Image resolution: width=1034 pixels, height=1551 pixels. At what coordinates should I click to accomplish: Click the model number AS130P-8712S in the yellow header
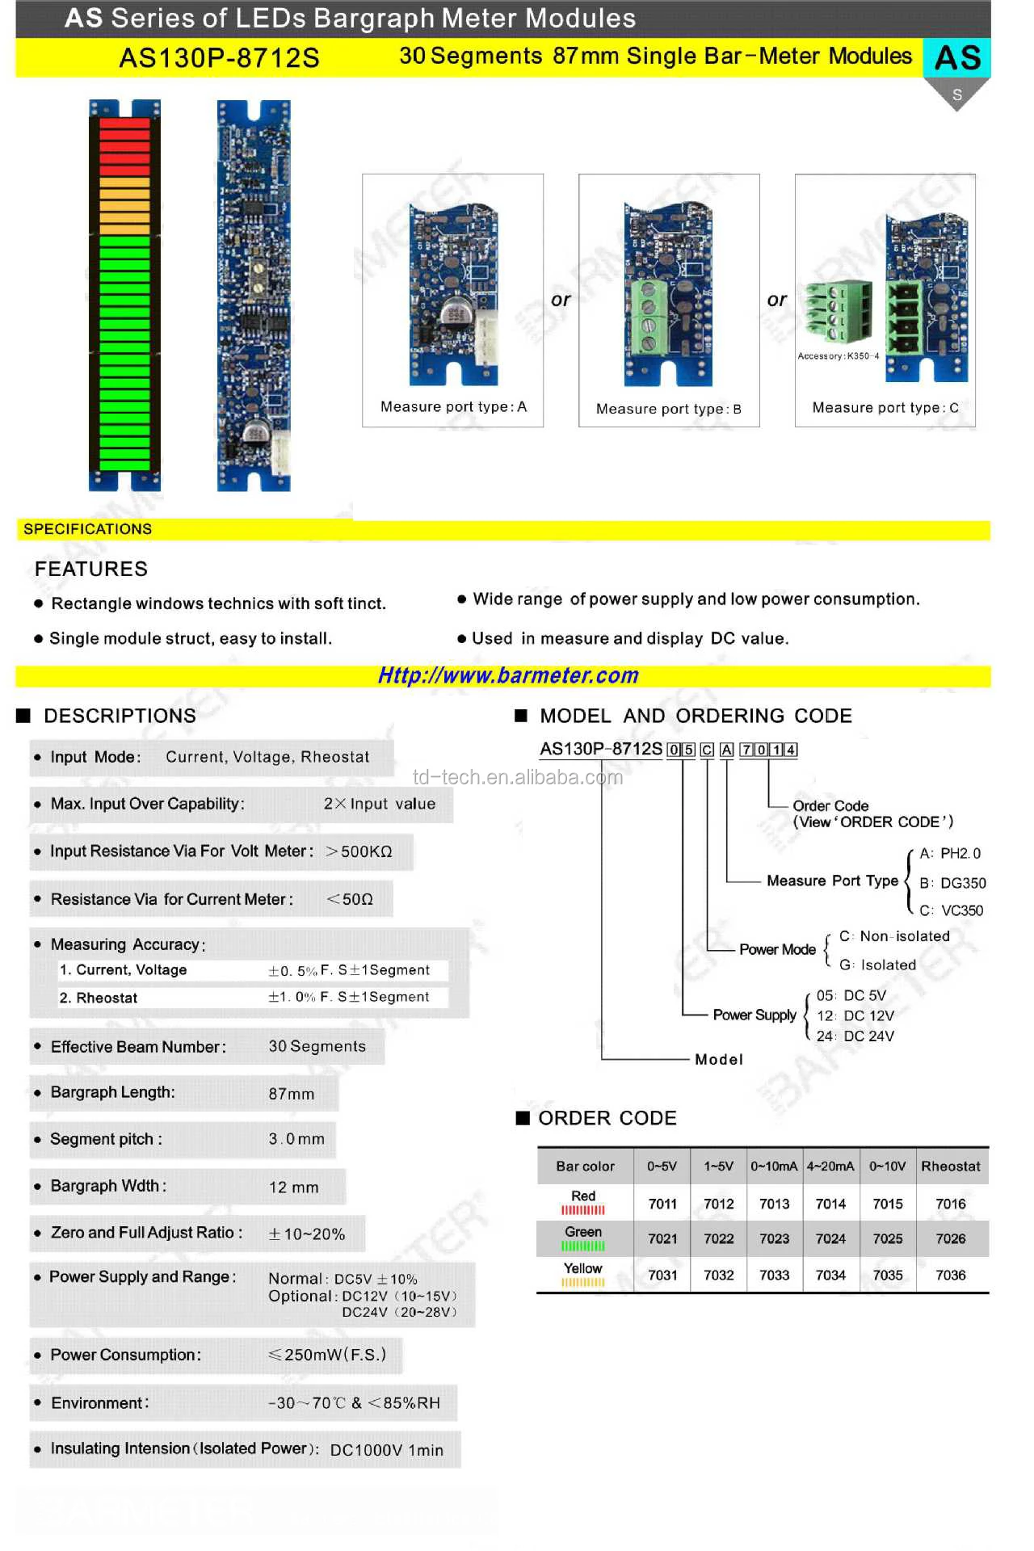tap(219, 58)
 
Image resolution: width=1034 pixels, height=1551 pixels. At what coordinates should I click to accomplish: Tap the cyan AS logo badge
tap(957, 58)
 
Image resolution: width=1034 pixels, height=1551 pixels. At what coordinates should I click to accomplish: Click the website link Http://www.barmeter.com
tap(508, 675)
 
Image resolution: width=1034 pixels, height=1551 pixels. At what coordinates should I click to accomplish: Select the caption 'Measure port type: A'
tap(453, 407)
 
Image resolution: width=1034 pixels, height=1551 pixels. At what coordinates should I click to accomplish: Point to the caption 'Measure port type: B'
tap(668, 409)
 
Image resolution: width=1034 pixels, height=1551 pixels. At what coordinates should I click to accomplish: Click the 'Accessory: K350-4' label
tap(838, 356)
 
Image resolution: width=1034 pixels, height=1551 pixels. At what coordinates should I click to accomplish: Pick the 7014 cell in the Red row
tap(830, 1204)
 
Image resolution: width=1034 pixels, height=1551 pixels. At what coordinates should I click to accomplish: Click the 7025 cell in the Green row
tap(887, 1238)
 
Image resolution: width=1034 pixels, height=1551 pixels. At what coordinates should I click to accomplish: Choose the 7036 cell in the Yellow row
tap(950, 1275)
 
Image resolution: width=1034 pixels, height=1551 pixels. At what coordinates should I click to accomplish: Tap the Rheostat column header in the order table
tap(950, 1166)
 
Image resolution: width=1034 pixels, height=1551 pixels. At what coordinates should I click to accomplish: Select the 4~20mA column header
tap(830, 1166)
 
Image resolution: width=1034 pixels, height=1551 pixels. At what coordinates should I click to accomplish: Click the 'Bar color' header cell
tap(585, 1166)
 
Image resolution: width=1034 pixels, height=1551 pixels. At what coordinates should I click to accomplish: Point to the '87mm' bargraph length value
tap(292, 1094)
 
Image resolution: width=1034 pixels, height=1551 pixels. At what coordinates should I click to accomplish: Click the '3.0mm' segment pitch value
tap(296, 1139)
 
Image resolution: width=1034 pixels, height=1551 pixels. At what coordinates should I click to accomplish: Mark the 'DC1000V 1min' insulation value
tap(386, 1450)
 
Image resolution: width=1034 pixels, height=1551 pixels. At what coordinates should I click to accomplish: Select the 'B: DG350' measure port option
tap(952, 883)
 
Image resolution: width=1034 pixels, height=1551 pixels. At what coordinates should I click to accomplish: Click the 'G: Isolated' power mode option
tap(877, 965)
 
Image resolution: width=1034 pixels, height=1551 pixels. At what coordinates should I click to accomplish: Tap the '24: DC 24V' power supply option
tap(855, 1036)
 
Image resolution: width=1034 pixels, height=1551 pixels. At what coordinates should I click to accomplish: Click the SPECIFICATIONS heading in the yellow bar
tap(87, 529)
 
